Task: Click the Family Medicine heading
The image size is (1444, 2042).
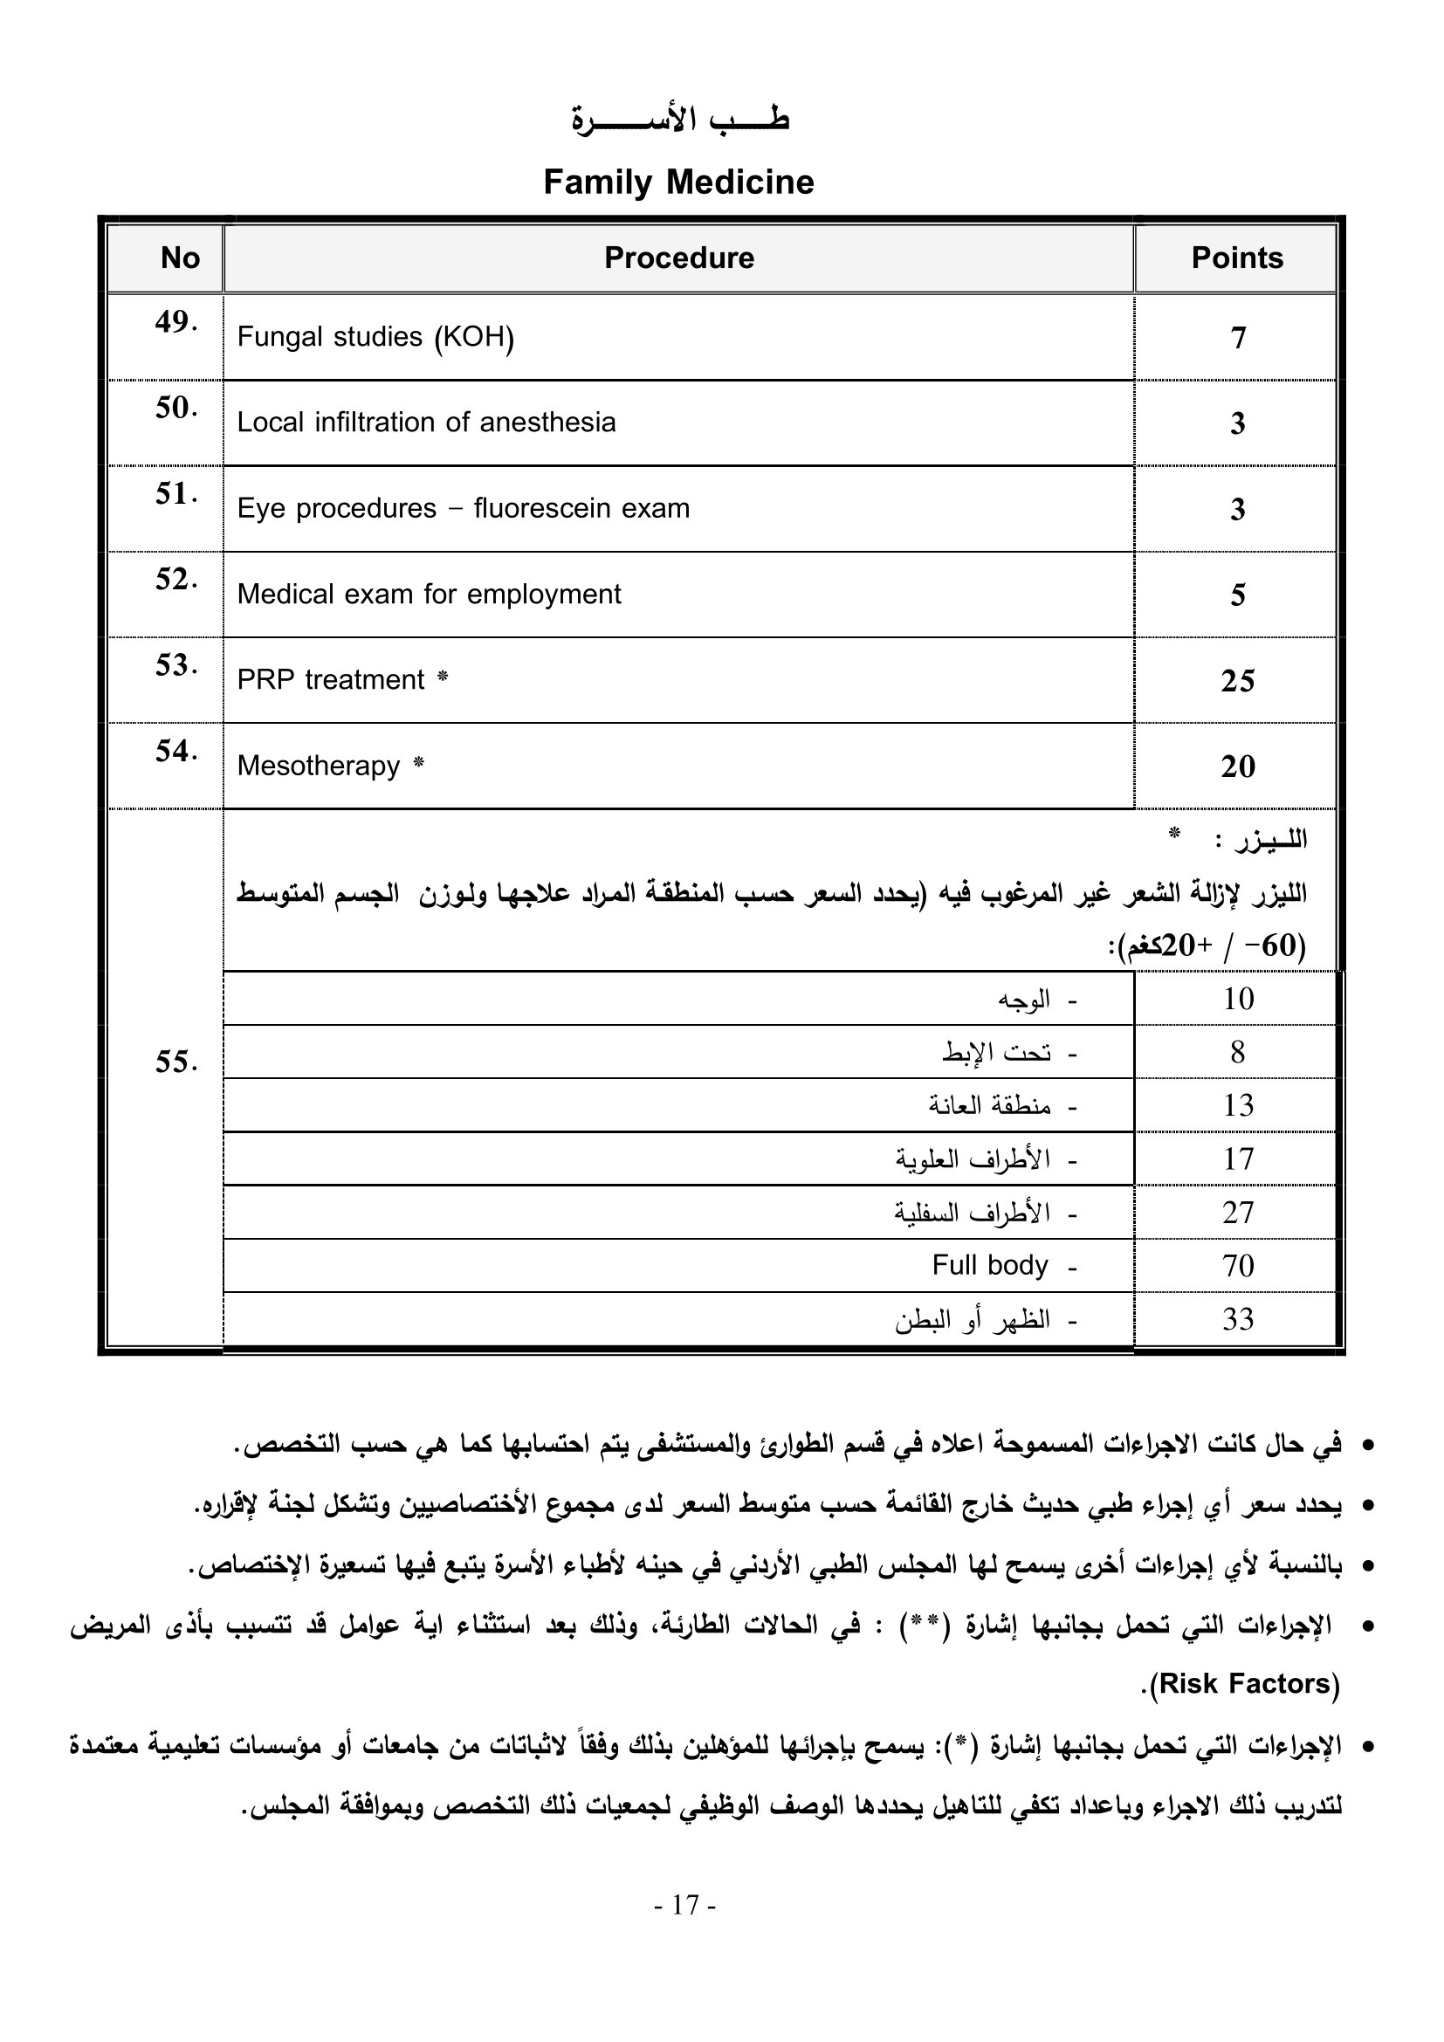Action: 678,182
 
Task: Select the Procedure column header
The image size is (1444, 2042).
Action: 678,258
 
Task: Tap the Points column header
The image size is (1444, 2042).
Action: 1237,258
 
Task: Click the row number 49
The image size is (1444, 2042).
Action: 175,322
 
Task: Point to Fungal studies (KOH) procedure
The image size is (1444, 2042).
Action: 375,337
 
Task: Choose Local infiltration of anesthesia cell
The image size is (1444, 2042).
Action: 426,423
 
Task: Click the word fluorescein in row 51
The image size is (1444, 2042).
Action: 543,509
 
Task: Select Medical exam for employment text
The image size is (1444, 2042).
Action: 429,595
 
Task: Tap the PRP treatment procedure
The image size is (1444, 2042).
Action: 331,680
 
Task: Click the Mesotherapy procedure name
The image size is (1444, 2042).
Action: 319,766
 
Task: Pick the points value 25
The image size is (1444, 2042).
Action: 1237,681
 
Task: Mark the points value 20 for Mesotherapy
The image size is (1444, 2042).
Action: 1237,767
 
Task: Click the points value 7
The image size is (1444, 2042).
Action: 1238,338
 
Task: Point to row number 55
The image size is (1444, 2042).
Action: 175,1062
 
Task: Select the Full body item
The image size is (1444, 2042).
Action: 990,1265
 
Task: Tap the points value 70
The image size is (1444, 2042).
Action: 1237,1266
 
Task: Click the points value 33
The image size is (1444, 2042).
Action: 1237,1319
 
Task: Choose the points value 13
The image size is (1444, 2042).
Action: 1237,1105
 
